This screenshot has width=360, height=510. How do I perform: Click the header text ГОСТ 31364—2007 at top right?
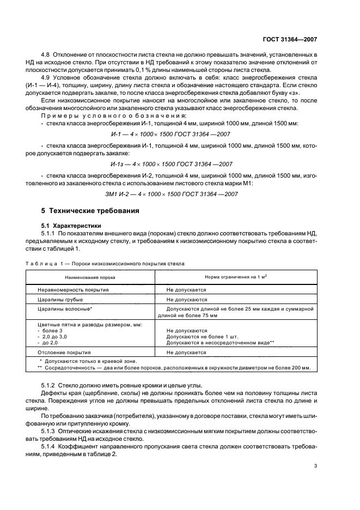click(x=290, y=40)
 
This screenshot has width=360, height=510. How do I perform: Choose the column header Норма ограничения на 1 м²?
click(x=235, y=277)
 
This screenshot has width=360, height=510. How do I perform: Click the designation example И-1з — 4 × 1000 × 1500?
click(x=180, y=164)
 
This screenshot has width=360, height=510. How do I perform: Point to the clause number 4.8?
click(x=46, y=56)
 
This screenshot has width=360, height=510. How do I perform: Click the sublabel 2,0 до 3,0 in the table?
click(x=52, y=336)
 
